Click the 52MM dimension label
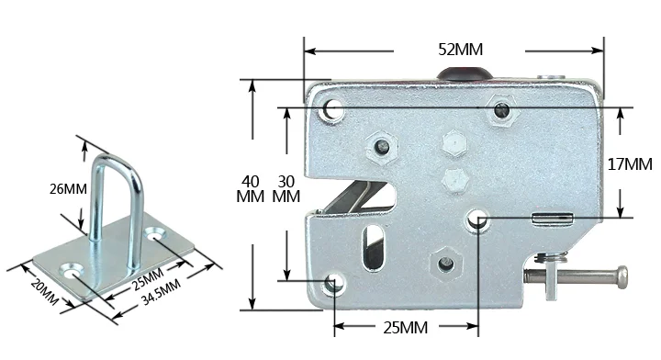(x=460, y=50)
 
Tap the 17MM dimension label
(x=630, y=164)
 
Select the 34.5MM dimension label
(x=161, y=292)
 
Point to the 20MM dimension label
(x=44, y=291)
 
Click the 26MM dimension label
(x=68, y=189)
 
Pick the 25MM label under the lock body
(x=405, y=328)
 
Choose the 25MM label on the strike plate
(x=148, y=278)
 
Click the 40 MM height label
(x=250, y=189)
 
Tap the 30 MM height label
(x=286, y=189)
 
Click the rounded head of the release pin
(x=622, y=277)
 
